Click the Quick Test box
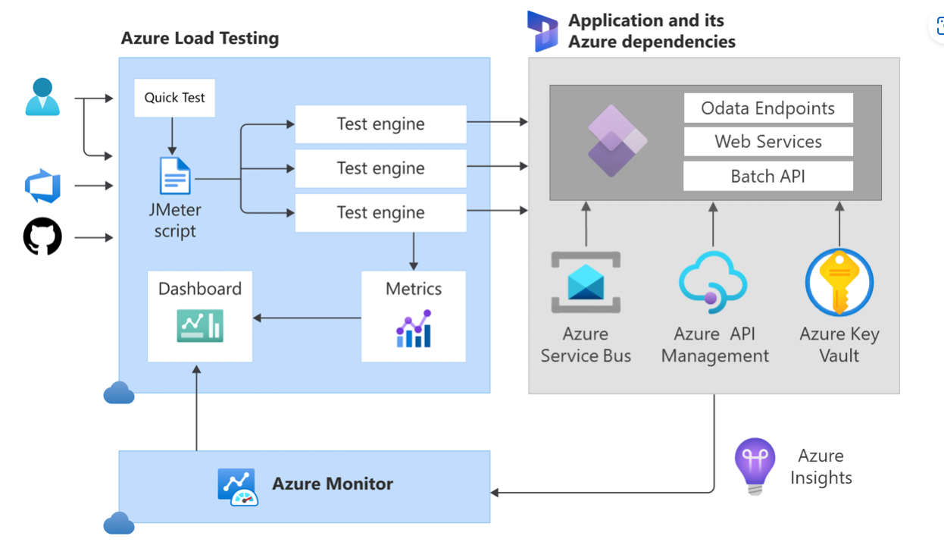(174, 98)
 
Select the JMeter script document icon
(175, 176)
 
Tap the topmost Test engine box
(380, 124)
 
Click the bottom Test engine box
(380, 213)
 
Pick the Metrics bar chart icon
(414, 328)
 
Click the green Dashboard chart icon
(200, 326)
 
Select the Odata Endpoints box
(767, 108)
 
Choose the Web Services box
(767, 142)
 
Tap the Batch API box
(767, 177)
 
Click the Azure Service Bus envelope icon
(586, 283)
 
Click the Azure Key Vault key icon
(839, 282)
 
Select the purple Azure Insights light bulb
(755, 464)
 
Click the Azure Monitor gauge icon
(237, 487)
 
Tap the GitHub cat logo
(42, 237)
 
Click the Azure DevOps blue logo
(42, 186)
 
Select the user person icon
(42, 97)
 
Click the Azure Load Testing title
(200, 39)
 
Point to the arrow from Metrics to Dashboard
(307, 318)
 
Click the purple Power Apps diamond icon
(616, 142)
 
